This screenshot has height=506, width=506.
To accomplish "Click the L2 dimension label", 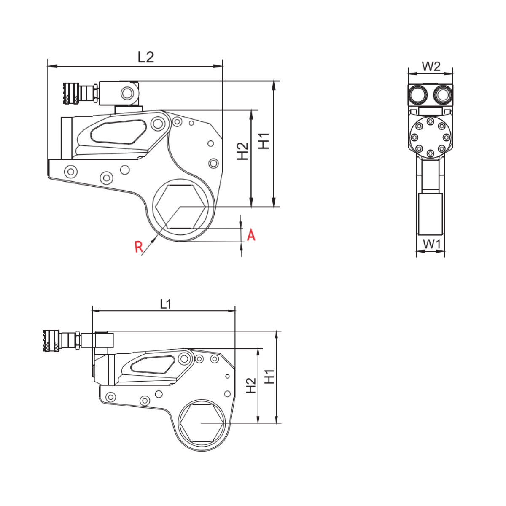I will (146, 57).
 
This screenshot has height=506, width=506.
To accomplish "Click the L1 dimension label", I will (165, 304).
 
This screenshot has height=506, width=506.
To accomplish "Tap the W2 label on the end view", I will (431, 66).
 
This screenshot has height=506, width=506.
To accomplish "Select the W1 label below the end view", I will (431, 244).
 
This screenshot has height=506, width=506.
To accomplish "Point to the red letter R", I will (139, 247).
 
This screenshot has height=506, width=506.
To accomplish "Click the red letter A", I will (251, 235).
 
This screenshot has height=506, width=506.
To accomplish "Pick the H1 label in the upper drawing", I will (264, 141).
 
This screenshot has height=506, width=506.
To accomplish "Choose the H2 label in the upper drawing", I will (242, 151).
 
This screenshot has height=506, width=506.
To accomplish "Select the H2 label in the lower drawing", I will (251, 385).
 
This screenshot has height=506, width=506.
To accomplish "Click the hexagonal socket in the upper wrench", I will (180, 207).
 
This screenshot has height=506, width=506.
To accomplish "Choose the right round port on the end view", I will (442, 94).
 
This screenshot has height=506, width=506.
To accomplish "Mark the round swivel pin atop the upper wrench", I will (126, 93).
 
